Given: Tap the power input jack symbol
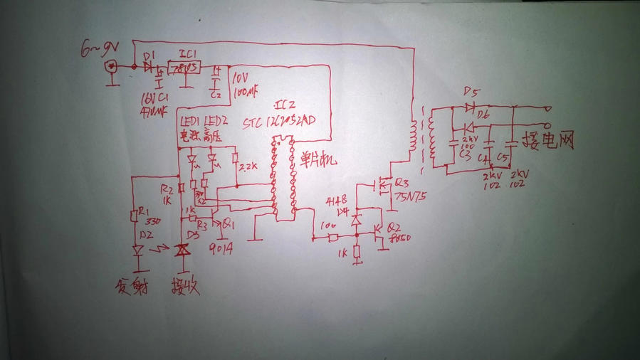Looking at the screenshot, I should point(111,67).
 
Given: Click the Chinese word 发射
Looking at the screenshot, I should point(130,287).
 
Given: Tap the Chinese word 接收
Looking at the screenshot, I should point(184,287).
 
